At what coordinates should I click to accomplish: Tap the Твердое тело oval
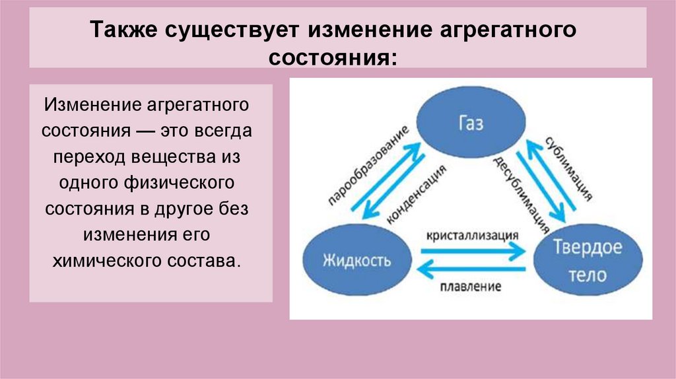(x=587, y=260)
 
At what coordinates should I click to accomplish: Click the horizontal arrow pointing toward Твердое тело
(x=472, y=250)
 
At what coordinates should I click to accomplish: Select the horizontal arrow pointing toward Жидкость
(x=472, y=269)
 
